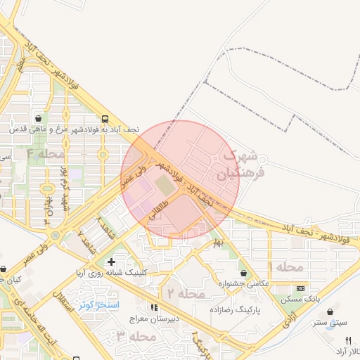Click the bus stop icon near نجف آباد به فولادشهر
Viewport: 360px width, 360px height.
(104, 120)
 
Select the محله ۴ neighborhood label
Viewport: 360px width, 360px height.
(45, 153)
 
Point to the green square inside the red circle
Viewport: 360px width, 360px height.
(164, 186)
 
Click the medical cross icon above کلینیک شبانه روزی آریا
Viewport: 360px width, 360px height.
(111, 262)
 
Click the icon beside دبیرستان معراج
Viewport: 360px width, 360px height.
(154, 307)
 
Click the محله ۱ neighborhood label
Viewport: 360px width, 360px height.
(286, 267)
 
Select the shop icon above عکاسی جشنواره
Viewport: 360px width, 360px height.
(243, 273)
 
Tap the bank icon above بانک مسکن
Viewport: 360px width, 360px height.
(301, 288)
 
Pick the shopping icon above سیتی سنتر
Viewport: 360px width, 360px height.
(331, 311)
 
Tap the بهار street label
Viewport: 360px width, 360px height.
(217, 244)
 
